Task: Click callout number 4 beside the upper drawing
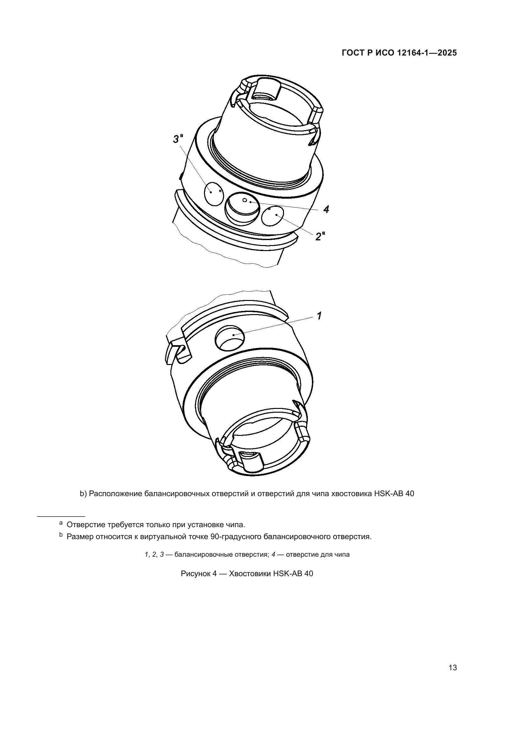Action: pyautogui.click(x=326, y=210)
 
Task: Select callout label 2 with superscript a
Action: pyautogui.click(x=320, y=236)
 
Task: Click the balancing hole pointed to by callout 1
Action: pyautogui.click(x=230, y=337)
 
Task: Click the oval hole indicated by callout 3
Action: pyautogui.click(x=213, y=193)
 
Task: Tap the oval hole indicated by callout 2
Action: pyautogui.click(x=273, y=216)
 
